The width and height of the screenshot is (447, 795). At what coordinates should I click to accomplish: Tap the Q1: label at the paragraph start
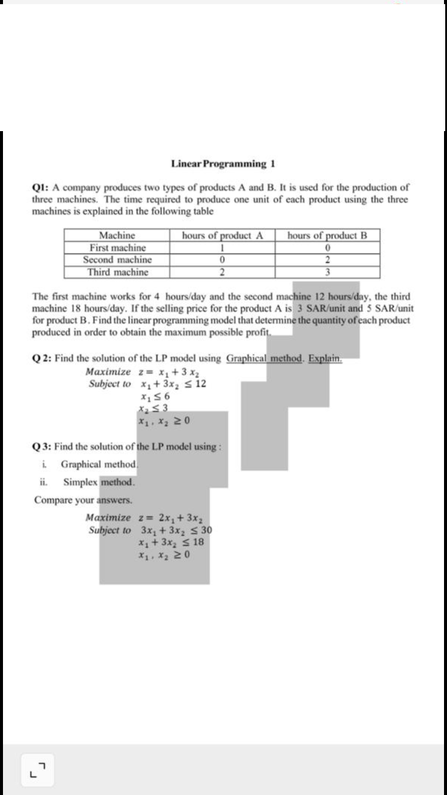(x=41, y=187)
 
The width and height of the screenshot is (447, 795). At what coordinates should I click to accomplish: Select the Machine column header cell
(x=117, y=235)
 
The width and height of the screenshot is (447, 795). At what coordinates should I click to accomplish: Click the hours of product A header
(x=222, y=235)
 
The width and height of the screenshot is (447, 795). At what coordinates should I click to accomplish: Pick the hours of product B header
(x=327, y=235)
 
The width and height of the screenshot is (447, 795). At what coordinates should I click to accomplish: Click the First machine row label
(x=117, y=247)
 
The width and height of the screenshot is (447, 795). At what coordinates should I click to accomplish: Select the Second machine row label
(x=117, y=260)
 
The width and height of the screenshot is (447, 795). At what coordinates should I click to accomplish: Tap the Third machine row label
(x=117, y=272)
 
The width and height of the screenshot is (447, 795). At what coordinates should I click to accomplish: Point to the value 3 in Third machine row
(x=327, y=272)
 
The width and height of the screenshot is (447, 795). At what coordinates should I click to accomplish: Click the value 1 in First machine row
(x=222, y=247)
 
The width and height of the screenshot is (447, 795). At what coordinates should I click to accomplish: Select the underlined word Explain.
(x=325, y=358)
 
